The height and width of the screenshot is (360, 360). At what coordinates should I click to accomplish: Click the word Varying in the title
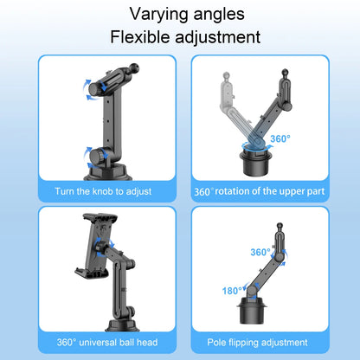click(x=159, y=15)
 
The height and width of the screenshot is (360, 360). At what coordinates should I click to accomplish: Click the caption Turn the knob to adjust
click(x=103, y=191)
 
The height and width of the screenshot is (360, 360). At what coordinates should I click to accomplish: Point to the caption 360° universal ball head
click(x=107, y=343)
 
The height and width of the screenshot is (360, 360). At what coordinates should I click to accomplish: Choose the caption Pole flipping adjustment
click(x=257, y=343)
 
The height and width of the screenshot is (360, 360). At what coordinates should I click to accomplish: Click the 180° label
click(x=232, y=291)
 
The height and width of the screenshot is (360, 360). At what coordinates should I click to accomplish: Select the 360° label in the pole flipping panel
click(x=260, y=252)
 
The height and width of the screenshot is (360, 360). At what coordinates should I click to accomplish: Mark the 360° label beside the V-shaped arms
click(x=280, y=138)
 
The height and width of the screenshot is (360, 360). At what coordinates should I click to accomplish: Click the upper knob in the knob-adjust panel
click(x=94, y=88)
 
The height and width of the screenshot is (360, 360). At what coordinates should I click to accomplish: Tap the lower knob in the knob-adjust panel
click(x=95, y=156)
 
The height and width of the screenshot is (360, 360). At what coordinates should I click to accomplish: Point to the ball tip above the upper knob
click(x=134, y=67)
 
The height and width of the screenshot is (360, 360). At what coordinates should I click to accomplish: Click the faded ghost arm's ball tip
click(x=226, y=76)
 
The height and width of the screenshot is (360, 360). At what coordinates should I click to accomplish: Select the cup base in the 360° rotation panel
click(x=256, y=161)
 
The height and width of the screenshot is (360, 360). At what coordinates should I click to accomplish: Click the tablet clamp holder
click(x=96, y=246)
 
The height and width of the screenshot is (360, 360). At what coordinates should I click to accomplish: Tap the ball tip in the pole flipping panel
click(x=280, y=226)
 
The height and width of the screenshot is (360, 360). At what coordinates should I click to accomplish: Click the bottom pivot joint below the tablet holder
click(x=129, y=311)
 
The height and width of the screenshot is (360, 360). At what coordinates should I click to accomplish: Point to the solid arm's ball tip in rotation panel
click(x=285, y=72)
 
